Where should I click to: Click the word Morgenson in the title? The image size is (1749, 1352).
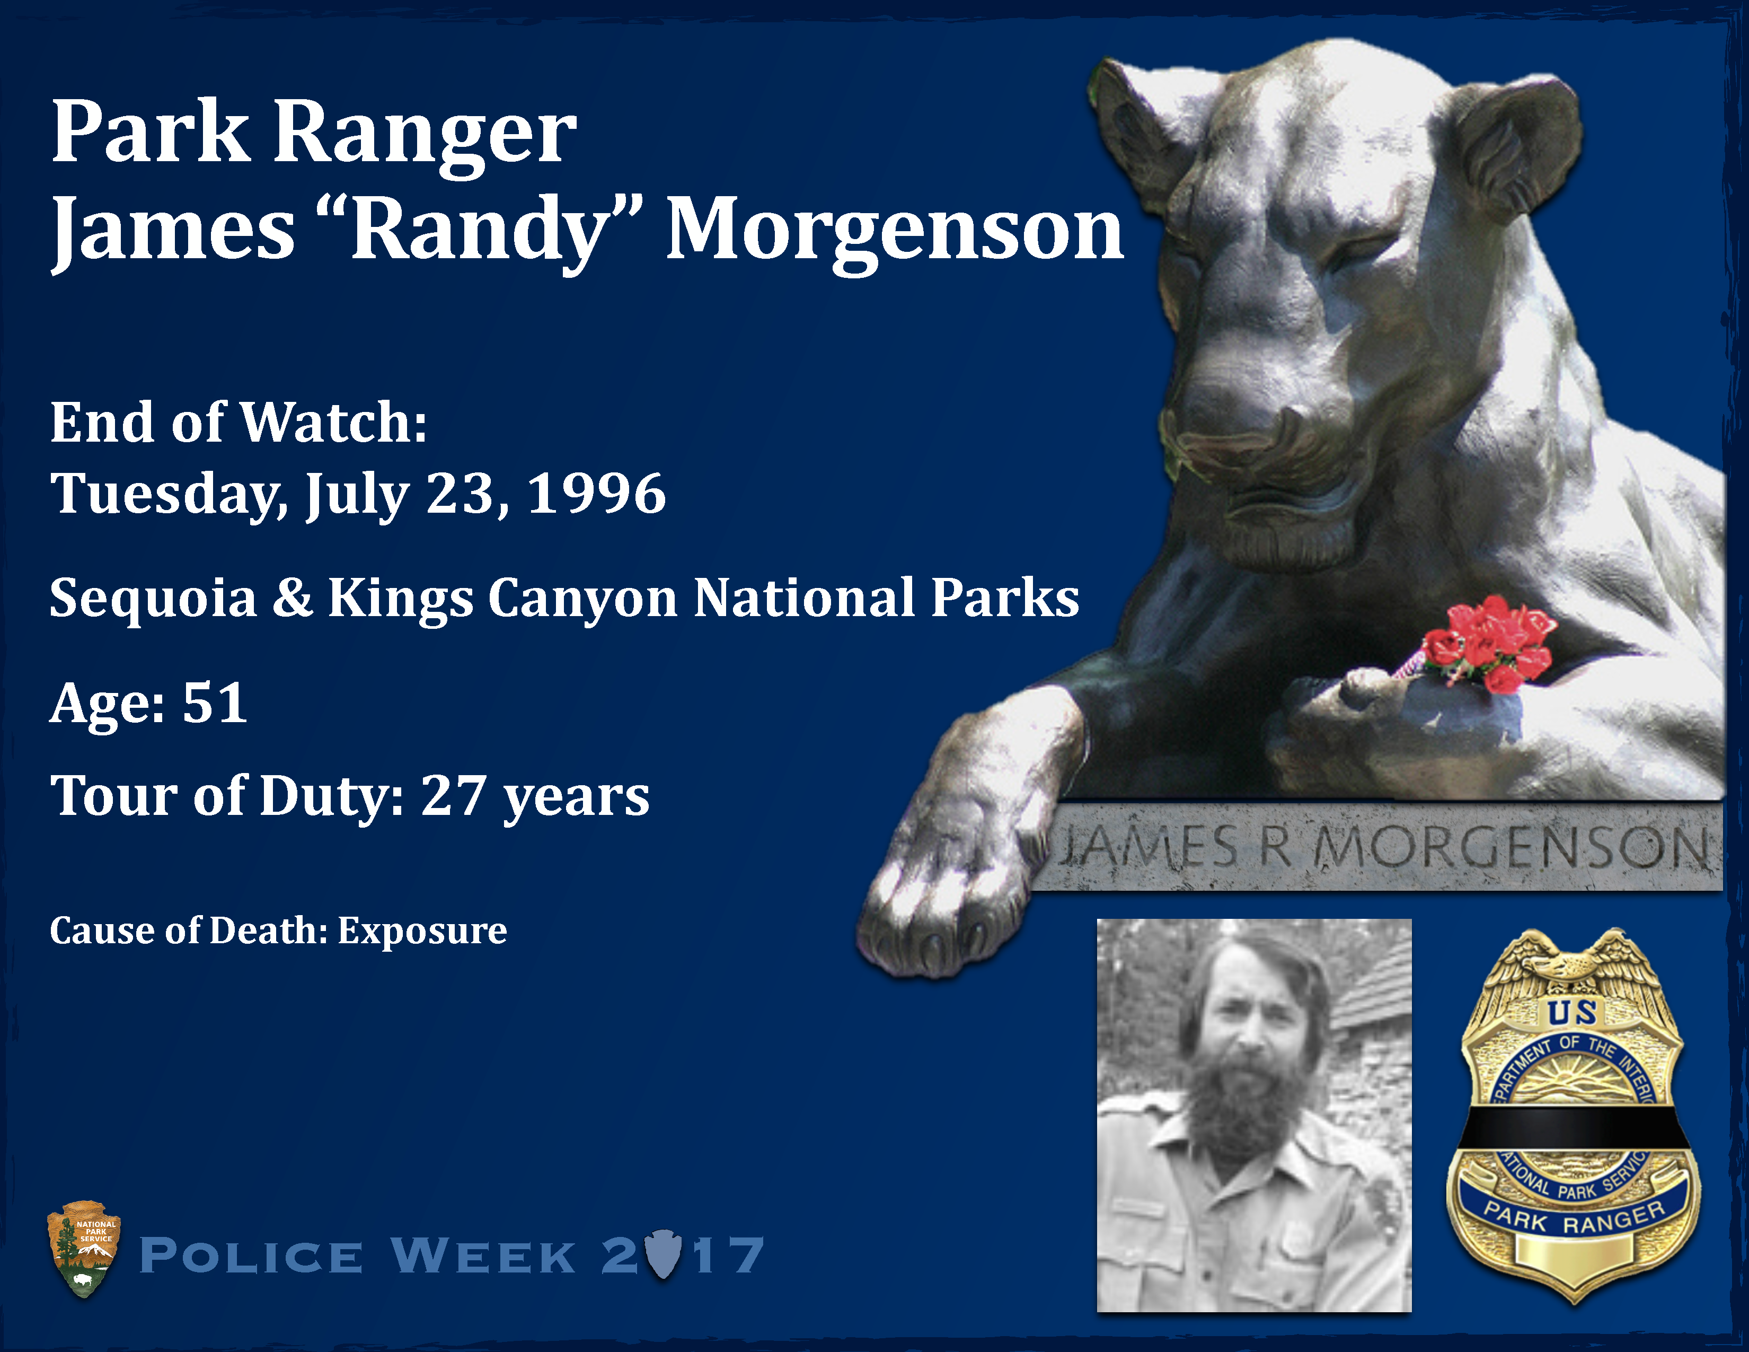point(895,232)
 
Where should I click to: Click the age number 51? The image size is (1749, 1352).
point(215,703)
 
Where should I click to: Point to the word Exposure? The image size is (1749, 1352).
point(422,930)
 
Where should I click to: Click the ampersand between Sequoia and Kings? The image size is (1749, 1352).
point(293,598)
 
